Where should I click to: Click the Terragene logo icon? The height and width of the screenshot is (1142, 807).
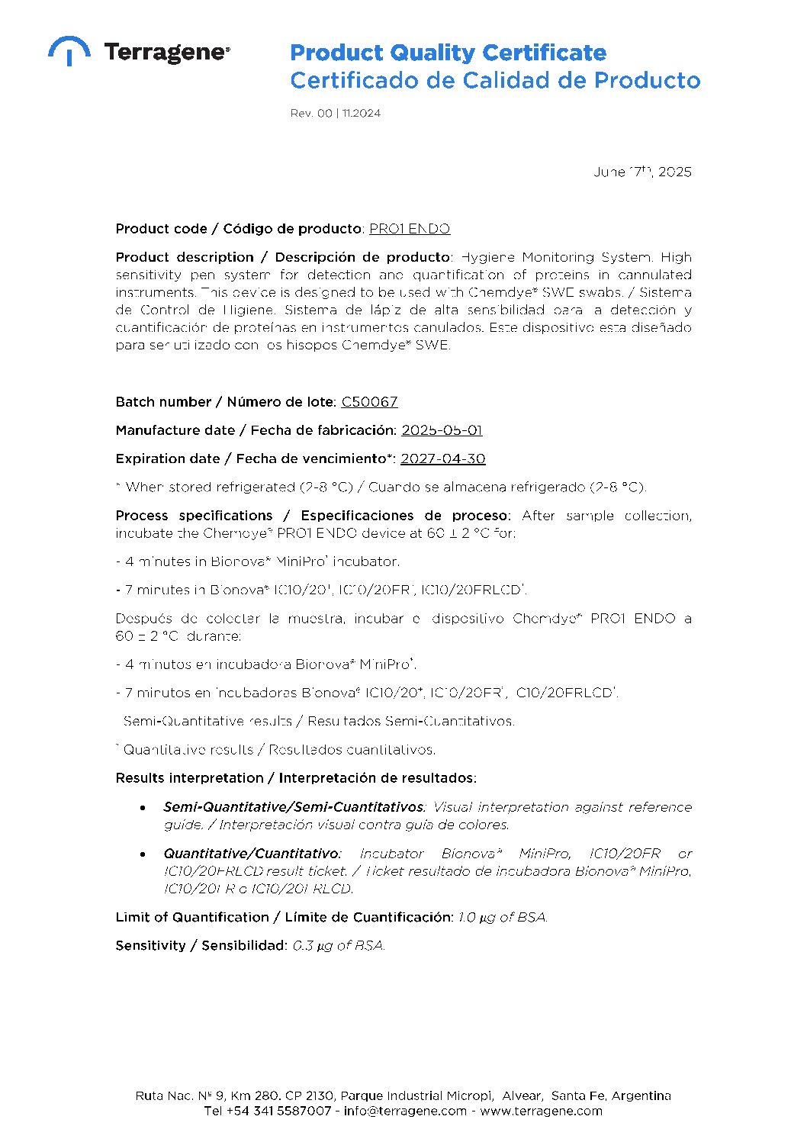69,50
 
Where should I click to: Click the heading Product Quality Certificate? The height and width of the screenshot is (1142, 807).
448,53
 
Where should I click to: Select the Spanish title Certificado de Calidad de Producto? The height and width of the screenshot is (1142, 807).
494,80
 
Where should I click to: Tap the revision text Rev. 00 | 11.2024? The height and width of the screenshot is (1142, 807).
335,113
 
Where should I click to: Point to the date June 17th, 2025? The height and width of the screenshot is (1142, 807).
642,172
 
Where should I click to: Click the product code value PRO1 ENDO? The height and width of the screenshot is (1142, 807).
410,229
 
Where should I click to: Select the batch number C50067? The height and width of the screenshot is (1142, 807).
369,402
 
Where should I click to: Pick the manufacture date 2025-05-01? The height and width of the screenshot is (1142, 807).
442,430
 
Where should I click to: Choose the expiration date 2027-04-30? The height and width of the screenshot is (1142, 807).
442,458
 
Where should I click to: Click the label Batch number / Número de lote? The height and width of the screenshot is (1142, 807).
225,402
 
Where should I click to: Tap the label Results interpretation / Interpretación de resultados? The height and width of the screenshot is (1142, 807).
296,778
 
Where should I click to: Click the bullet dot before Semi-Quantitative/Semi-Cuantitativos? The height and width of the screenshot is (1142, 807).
143,807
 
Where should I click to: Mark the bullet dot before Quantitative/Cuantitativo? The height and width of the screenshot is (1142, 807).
143,854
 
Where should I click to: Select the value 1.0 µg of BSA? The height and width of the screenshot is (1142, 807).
503,917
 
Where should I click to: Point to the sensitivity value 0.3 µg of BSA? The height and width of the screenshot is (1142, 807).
339,945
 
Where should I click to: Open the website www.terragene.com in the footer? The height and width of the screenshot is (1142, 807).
541,1111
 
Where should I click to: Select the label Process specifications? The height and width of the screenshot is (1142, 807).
194,516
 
